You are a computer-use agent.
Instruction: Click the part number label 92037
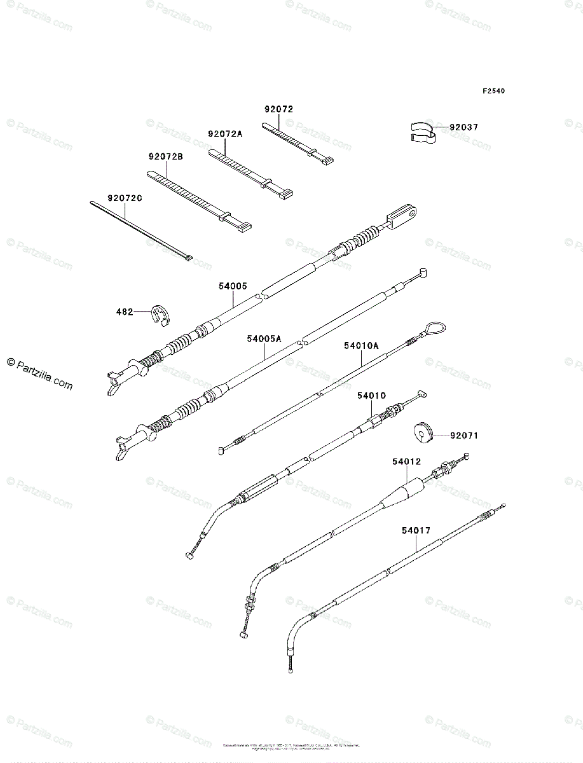[x=464, y=127]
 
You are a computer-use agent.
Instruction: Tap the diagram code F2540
[x=493, y=92]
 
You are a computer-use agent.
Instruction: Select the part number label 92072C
[x=125, y=198]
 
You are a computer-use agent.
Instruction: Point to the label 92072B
[x=166, y=156]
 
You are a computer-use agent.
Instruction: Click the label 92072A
[x=225, y=134]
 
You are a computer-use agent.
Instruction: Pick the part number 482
[x=125, y=312]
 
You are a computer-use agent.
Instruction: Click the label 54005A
[x=264, y=340]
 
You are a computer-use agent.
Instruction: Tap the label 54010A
[x=361, y=346]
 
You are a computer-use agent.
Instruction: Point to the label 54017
[x=416, y=529]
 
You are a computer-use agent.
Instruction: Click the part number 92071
[x=464, y=436]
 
